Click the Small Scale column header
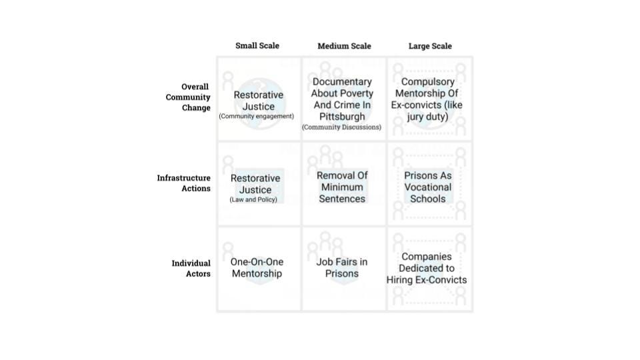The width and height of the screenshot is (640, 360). click(257, 46)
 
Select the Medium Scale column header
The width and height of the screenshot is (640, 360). click(344, 46)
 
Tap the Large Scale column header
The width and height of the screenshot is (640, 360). click(430, 46)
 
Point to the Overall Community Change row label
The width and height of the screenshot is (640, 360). click(188, 97)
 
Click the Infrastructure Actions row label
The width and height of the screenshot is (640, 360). click(184, 183)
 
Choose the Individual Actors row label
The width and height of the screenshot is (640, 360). click(191, 269)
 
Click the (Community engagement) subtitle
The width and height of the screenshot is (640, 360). click(257, 117)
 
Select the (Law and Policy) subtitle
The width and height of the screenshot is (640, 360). click(253, 200)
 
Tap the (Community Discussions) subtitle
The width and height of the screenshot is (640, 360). click(341, 127)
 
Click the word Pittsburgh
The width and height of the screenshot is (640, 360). click(342, 117)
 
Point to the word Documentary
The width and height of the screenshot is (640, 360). click(342, 82)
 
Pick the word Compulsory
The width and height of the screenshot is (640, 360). click(428, 82)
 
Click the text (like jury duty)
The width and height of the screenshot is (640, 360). click(428, 117)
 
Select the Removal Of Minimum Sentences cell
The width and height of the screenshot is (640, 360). click(342, 187)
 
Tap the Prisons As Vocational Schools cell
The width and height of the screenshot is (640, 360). click(428, 187)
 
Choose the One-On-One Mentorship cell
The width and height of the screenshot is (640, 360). click(257, 268)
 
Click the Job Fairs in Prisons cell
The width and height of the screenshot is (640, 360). click(342, 268)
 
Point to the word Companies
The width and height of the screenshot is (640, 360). click(427, 257)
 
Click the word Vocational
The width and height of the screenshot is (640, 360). click(428, 187)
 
